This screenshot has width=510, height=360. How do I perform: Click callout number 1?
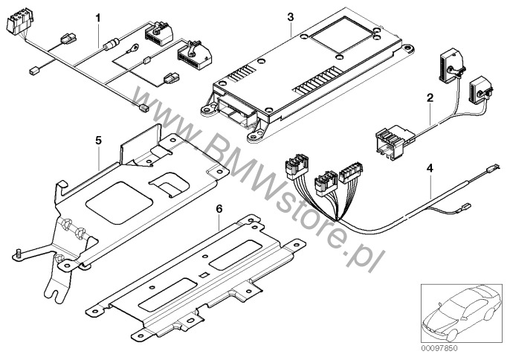tap(97, 18)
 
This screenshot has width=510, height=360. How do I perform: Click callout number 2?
tap(430, 97)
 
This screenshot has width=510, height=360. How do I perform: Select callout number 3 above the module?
tap(291, 17)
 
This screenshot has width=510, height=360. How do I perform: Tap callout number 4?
tap(430, 168)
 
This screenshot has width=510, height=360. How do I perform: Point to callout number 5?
tap(98, 141)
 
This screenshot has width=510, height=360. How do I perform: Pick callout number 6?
tap(219, 209)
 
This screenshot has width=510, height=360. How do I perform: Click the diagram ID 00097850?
tap(439, 348)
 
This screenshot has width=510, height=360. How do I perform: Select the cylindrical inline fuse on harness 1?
tap(112, 44)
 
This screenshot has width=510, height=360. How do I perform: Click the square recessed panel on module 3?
tap(341, 35)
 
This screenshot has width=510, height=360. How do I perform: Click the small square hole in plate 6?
tap(203, 275)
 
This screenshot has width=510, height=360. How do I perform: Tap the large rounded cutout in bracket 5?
tap(119, 202)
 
